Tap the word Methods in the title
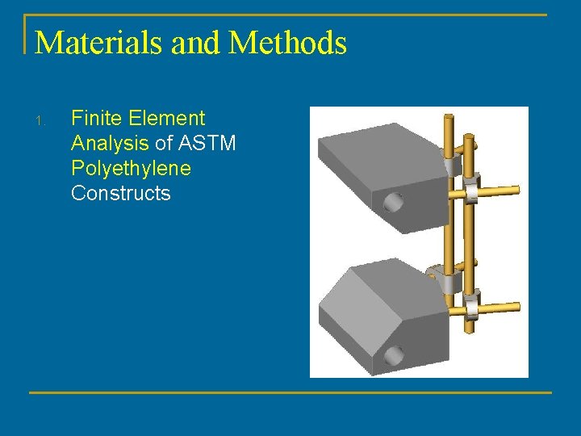tap(288, 42)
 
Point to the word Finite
tap(95, 119)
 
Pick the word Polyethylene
tap(131, 169)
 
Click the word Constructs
tap(120, 194)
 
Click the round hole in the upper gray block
tap(394, 201)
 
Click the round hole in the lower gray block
tap(394, 355)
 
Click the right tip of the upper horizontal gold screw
tap(516, 190)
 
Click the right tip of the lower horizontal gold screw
tap(516, 308)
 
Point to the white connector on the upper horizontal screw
tap(467, 191)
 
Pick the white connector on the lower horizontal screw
tap(467, 308)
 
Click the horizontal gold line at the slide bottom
tap(290, 393)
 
